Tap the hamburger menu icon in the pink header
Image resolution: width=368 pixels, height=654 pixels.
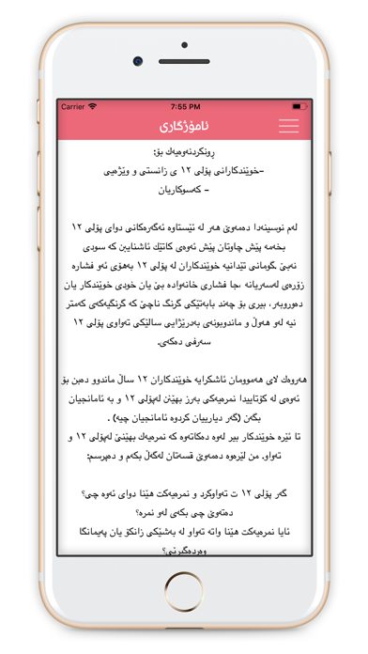pos(288,125)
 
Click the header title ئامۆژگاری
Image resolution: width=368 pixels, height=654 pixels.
pos(184,125)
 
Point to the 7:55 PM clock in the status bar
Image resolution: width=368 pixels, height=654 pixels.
pos(184,106)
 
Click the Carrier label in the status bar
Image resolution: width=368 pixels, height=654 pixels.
pos(72,106)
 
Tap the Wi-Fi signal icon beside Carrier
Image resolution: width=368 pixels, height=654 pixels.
pos(92,106)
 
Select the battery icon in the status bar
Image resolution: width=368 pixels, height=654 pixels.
pos(299,106)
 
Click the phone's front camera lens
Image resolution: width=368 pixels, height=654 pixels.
pos(137,61)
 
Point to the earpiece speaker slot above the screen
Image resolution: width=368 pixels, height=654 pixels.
pos(184,61)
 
